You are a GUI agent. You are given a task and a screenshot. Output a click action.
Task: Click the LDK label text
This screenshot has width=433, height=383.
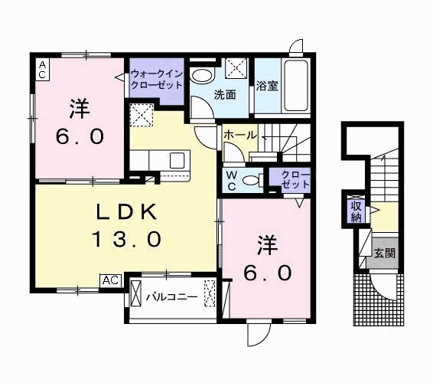coord(127,211)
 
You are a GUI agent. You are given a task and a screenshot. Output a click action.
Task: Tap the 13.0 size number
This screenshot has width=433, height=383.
coord(127,239)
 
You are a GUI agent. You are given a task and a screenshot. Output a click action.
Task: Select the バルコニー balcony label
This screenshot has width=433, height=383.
coord(172,296)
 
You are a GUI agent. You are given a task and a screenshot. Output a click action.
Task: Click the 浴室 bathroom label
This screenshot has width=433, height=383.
coord(267,86)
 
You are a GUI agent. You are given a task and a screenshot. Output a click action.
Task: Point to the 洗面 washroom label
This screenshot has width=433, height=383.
coord(224,96)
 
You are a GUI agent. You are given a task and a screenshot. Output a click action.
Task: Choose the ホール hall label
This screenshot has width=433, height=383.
coord(240,134)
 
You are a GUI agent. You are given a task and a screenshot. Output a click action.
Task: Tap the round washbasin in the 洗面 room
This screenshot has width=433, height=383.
coord(203,76)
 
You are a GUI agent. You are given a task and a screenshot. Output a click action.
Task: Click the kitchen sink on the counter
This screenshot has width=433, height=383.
coord(177,161)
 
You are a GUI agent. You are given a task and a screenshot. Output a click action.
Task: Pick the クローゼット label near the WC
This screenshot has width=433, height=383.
coord(291,180)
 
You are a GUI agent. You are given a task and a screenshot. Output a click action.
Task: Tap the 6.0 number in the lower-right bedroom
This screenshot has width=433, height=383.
coord(267,273)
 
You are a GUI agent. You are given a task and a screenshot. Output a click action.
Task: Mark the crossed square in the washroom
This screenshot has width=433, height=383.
coord(236,69)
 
